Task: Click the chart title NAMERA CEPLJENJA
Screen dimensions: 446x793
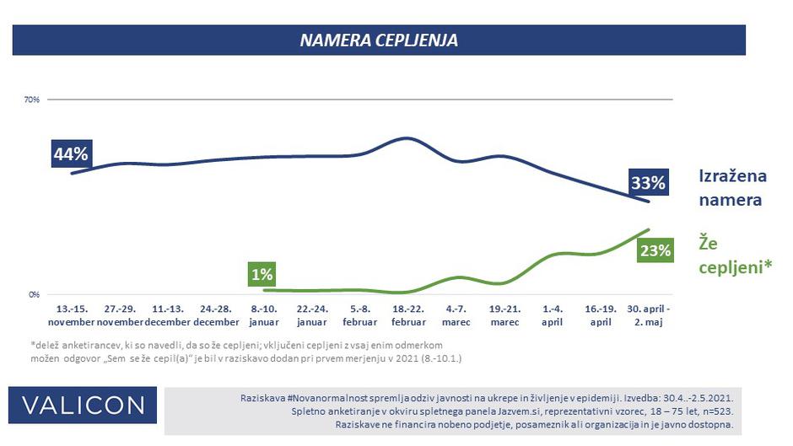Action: click(x=379, y=40)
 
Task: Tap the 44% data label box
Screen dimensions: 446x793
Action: click(x=71, y=154)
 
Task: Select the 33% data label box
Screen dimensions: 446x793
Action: click(x=649, y=182)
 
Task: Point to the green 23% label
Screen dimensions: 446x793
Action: click(x=654, y=250)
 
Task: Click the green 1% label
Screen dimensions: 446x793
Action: click(x=262, y=274)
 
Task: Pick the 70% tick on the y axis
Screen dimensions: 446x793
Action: click(x=32, y=100)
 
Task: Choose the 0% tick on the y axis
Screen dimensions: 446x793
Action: click(x=35, y=295)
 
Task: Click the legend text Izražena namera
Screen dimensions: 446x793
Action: click(x=731, y=188)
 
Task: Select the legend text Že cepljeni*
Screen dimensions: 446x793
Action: click(x=736, y=255)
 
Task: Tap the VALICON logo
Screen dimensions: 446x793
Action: click(x=84, y=406)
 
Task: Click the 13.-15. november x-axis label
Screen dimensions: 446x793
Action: click(x=71, y=315)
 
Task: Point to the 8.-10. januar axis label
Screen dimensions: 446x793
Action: click(x=264, y=315)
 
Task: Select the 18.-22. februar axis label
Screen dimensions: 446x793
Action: click(x=409, y=315)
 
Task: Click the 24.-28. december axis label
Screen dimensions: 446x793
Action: click(x=216, y=315)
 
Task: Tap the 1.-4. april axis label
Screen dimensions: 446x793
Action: click(x=553, y=315)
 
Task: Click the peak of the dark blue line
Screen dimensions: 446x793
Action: click(x=407, y=137)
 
